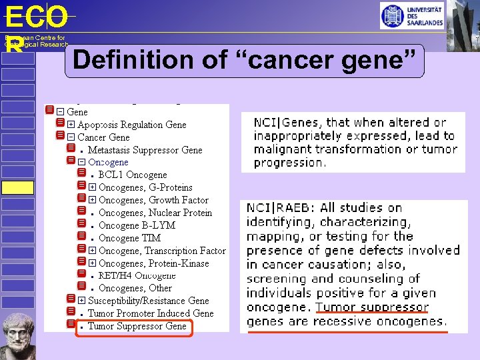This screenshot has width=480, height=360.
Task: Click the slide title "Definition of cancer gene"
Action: pyautogui.click(x=247, y=60)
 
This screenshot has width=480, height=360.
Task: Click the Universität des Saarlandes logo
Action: pyautogui.click(x=412, y=15)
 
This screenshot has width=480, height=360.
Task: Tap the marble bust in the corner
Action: pyautogui.click(x=18, y=336)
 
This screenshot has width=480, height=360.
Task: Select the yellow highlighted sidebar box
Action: pyautogui.click(x=17, y=187)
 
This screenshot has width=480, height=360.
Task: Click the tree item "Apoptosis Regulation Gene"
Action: pyautogui.click(x=131, y=125)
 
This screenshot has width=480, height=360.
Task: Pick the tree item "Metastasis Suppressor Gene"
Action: pyautogui.click(x=145, y=150)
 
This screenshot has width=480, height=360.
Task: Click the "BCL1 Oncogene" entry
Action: pyautogui.click(x=133, y=175)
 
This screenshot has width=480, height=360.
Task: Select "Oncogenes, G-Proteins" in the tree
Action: pyautogui.click(x=145, y=187)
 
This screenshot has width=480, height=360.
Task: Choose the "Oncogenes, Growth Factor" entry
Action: pyautogui.click(x=153, y=200)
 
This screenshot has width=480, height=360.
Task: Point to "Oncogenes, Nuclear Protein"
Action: pyautogui.click(x=155, y=213)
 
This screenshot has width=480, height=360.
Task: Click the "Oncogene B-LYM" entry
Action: pyautogui.click(x=137, y=225)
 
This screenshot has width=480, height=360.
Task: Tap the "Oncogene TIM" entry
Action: pyautogui.click(x=129, y=238)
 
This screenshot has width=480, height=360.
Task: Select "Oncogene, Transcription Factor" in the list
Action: pyautogui.click(x=162, y=251)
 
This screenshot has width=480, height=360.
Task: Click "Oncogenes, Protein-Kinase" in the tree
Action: pyautogui.click(x=153, y=263)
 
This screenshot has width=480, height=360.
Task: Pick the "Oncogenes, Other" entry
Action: pyautogui.click(x=135, y=288)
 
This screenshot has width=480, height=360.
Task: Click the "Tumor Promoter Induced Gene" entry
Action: pyautogui.click(x=151, y=313)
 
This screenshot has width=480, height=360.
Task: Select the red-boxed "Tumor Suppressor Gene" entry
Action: pyautogui.click(x=137, y=326)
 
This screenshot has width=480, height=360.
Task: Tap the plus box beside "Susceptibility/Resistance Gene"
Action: pyautogui.click(x=81, y=301)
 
